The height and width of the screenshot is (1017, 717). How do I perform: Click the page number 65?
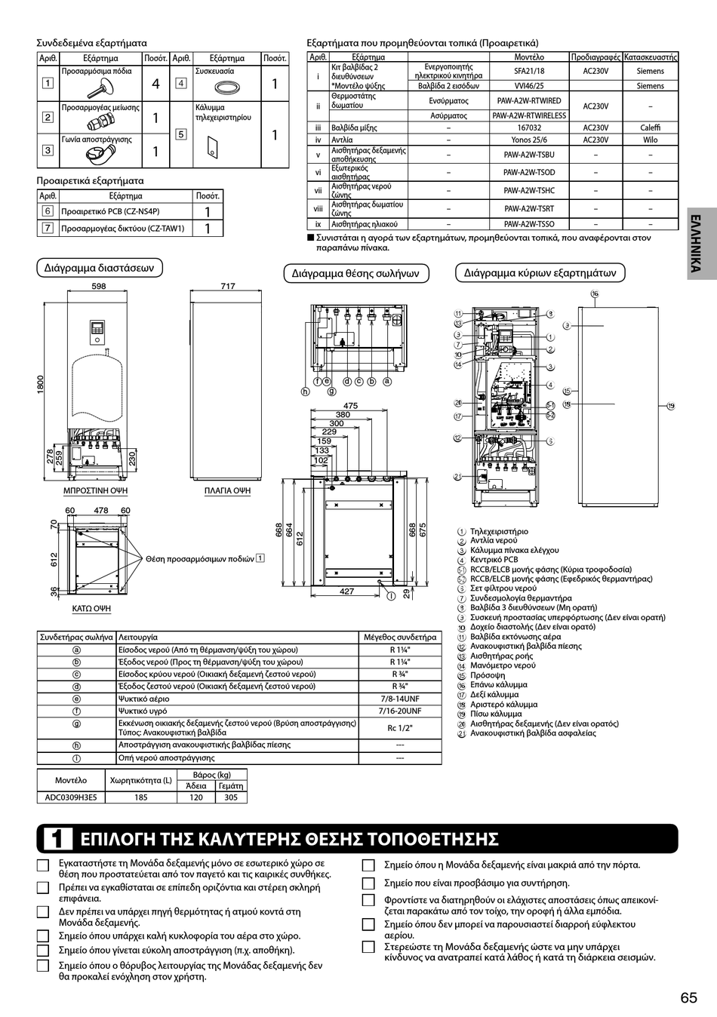pos(688,997)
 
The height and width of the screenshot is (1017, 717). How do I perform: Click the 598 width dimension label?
pos(98,286)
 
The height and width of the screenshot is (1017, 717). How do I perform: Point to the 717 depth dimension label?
pos(228,286)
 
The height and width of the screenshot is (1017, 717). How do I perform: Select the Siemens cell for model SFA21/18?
pos(650,71)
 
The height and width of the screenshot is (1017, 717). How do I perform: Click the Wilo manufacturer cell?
pos(650,140)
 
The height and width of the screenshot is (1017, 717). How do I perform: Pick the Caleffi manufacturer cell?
pos(650,128)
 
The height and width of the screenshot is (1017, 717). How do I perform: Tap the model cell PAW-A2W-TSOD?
pos(528,172)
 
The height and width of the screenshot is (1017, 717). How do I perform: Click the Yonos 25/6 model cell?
pos(528,140)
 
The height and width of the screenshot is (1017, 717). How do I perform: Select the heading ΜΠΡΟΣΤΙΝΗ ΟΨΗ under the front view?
pos(95,490)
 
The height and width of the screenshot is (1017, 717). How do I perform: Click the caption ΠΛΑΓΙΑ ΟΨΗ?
pos(227,490)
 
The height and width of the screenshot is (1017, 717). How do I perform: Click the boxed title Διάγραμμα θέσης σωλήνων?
pos(355,273)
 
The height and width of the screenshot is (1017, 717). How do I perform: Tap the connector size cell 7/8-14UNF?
pos(400,699)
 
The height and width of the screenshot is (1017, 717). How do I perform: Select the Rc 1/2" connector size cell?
pos(400,727)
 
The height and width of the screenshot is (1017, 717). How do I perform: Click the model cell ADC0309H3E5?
pos(71,797)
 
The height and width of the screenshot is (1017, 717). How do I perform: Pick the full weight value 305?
pos(230,797)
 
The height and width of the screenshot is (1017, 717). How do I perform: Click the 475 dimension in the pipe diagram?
pos(350,406)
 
